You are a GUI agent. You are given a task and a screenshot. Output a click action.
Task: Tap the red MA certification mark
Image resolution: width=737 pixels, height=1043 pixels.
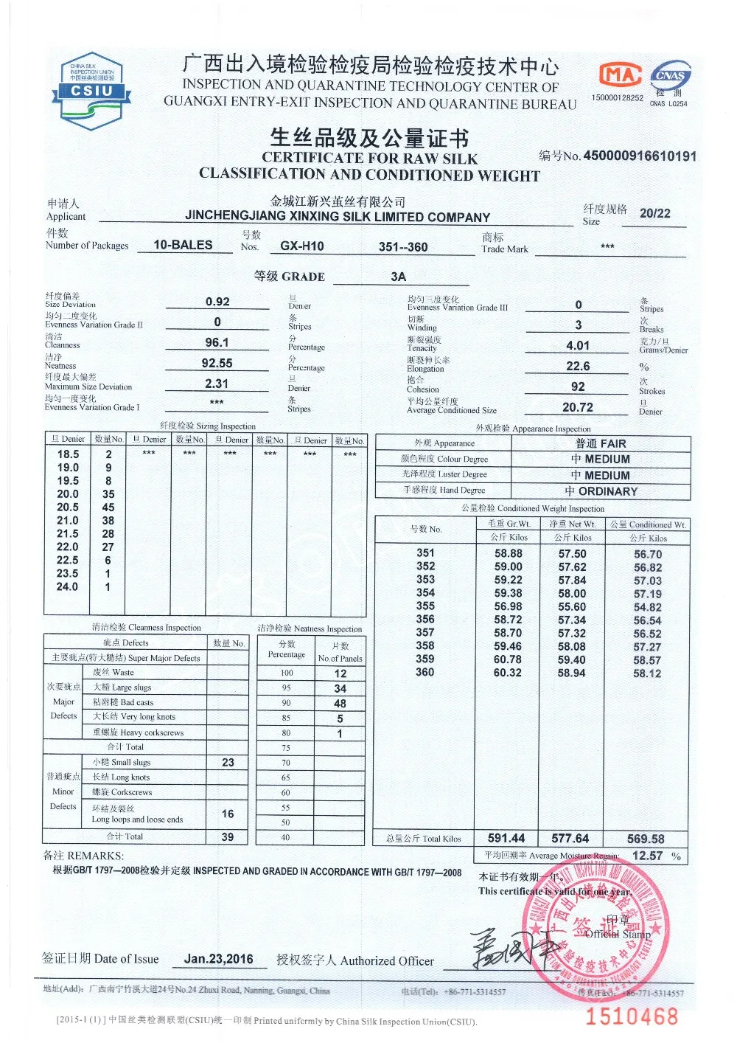tap(619, 74)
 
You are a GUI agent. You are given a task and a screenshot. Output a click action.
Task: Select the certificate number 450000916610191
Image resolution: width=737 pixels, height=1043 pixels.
tap(640, 156)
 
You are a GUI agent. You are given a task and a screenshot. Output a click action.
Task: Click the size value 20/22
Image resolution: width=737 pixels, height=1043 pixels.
tap(654, 214)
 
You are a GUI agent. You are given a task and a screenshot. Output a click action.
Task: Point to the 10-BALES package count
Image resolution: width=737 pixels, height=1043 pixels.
tap(183, 245)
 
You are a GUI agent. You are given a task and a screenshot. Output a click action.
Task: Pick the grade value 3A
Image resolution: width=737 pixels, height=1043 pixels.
tap(399, 277)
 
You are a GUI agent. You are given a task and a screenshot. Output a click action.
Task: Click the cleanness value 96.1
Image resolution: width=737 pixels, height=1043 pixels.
tap(217, 342)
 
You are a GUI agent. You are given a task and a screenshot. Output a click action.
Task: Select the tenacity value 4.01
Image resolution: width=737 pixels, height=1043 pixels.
tap(578, 345)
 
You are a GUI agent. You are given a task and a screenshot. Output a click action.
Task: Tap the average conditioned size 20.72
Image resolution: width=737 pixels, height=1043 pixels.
tap(578, 407)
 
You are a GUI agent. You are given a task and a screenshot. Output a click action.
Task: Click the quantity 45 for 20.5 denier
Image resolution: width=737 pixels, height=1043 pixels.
tap(108, 507)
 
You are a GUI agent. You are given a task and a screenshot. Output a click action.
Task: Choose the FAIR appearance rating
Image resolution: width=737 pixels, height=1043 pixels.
tap(601, 443)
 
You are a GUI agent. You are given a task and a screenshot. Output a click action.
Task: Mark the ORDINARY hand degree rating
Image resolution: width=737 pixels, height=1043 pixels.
tap(601, 491)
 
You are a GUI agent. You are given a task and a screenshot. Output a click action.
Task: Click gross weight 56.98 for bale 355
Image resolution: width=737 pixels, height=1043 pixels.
tap(508, 606)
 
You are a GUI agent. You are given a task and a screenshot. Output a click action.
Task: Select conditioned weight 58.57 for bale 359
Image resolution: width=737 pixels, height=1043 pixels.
tap(647, 660)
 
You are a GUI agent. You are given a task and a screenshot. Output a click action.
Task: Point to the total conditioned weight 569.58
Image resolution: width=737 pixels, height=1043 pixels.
tap(646, 839)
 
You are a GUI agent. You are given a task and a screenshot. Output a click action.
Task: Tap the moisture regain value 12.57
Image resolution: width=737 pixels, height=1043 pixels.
tap(647, 856)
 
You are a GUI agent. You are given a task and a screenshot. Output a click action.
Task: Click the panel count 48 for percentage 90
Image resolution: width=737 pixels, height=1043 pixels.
tap(340, 704)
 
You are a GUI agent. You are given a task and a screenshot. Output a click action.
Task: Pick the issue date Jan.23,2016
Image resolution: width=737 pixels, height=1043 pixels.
tap(218, 959)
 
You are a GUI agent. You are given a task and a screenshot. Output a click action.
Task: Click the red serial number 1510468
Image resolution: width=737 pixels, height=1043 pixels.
tap(632, 1016)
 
